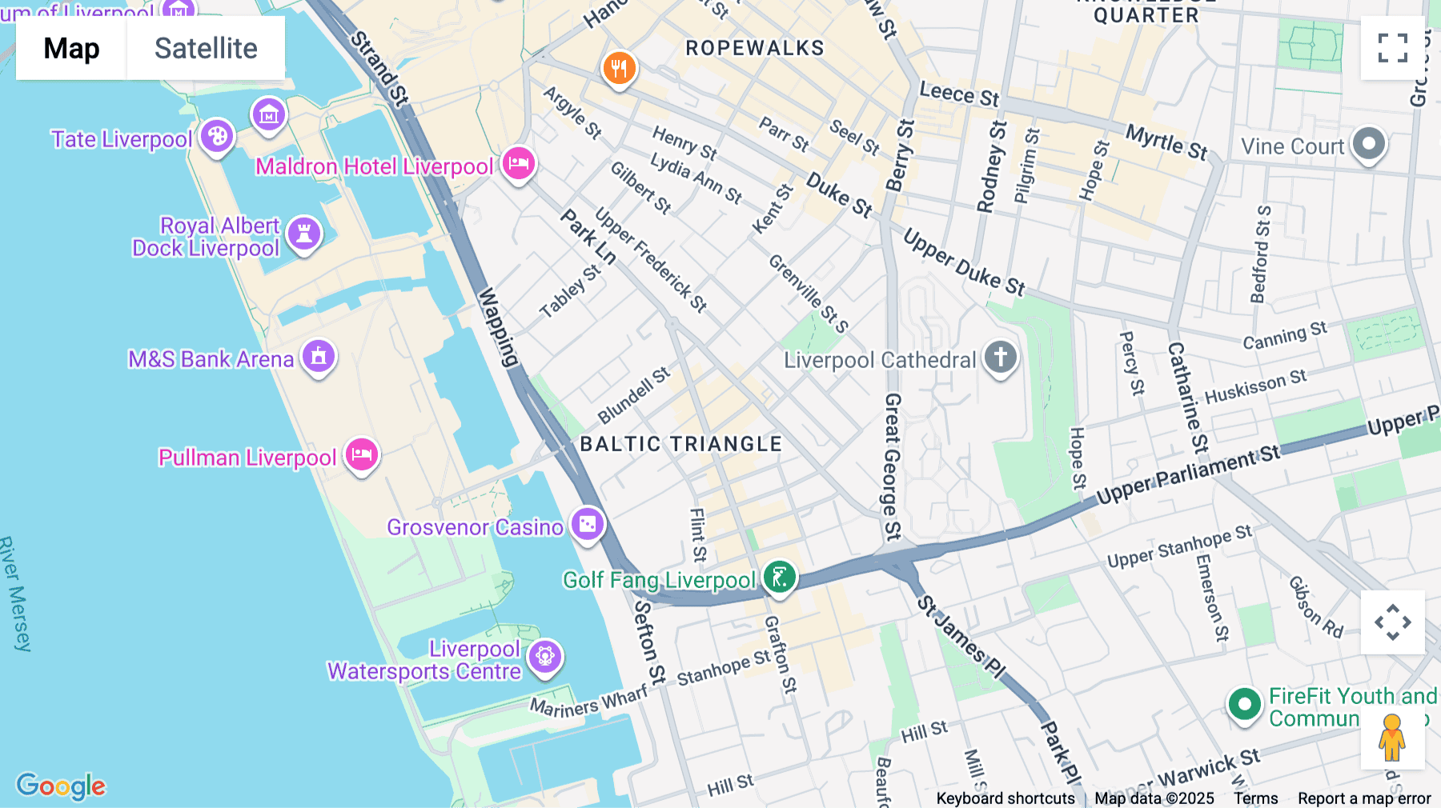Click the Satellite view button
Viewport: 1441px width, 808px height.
coord(206,48)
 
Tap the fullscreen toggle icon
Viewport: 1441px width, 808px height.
coord(1392,48)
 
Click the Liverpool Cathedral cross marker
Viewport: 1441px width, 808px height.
coord(1000,357)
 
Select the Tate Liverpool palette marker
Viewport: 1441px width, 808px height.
coord(216,137)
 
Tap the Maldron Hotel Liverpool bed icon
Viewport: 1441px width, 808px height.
coord(518,164)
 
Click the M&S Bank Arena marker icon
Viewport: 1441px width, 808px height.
coord(319,356)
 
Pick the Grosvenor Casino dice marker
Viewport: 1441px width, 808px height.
coord(588,525)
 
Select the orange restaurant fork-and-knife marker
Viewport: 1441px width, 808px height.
coord(619,69)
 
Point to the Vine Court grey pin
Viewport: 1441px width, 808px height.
coord(1368,145)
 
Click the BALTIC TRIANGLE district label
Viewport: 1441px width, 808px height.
coord(680,444)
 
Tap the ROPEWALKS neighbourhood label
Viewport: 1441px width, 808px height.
coord(754,48)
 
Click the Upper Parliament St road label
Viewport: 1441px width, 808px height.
coord(1188,477)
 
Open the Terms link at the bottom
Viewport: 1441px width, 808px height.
coord(1255,798)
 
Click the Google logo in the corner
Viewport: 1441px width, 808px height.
coord(61,786)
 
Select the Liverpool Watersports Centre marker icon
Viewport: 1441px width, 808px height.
coord(545,658)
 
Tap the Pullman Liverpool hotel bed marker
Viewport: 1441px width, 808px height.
coord(361,456)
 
